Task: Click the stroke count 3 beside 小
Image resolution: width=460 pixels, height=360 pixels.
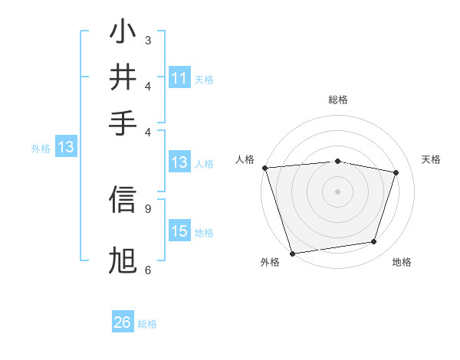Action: (148, 40)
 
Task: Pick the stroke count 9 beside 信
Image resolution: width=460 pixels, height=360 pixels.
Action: (148, 208)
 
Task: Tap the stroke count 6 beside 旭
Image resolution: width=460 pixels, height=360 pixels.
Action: (148, 270)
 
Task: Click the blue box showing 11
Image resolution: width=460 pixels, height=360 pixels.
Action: (179, 78)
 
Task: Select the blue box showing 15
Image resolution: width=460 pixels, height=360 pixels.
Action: (179, 231)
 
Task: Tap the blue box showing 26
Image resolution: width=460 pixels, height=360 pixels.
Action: (123, 322)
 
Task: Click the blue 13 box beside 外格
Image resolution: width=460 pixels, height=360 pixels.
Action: (66, 148)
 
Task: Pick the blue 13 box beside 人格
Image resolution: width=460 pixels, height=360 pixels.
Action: (179, 162)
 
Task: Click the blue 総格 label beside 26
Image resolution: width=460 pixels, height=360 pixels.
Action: (147, 324)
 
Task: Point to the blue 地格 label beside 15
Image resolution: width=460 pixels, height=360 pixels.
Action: (204, 233)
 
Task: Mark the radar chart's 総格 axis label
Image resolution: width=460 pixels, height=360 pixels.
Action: (337, 100)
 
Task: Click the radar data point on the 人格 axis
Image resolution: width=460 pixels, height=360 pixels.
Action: (264, 168)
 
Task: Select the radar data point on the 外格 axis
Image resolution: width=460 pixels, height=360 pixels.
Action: (292, 253)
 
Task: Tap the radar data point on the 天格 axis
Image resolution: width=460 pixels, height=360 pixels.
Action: (396, 172)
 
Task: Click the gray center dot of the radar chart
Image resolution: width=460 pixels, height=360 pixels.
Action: (337, 191)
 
